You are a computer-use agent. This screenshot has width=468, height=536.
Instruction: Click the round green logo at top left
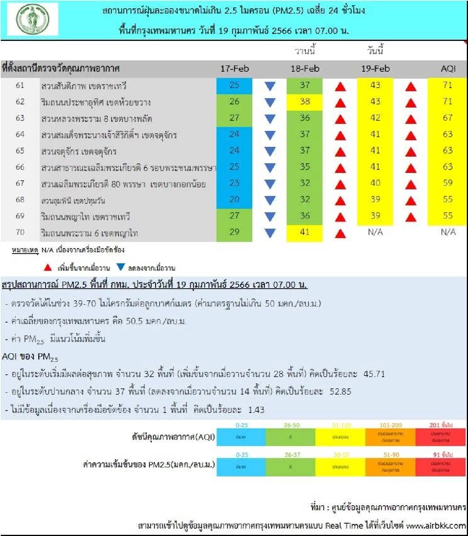[x=33, y=19]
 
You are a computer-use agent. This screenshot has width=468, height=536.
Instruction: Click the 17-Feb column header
[x=234, y=69]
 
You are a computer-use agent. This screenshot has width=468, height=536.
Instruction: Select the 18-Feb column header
[x=305, y=69]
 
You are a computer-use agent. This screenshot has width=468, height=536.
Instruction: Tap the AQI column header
[x=448, y=69]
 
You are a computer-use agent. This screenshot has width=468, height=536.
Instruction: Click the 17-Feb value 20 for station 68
[x=234, y=199]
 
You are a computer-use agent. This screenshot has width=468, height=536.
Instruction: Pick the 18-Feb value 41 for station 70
[x=305, y=232]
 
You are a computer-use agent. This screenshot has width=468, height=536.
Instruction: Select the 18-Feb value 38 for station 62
[x=305, y=102]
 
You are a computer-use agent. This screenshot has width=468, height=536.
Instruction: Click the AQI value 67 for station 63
[x=447, y=118]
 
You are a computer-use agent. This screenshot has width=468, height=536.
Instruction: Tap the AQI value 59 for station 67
[x=447, y=183]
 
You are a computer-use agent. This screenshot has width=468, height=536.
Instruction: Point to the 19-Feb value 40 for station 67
[x=375, y=183]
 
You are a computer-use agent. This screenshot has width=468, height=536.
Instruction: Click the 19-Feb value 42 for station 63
[x=375, y=118]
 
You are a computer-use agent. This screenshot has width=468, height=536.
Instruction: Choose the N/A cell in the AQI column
[x=448, y=232]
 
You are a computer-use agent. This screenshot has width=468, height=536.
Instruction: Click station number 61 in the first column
[x=20, y=85]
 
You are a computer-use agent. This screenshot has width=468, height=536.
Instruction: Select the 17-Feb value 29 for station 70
[x=234, y=232]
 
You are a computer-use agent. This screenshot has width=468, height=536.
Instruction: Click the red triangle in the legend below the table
[x=48, y=268]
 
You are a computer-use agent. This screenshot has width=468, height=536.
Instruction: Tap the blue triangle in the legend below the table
[x=121, y=267]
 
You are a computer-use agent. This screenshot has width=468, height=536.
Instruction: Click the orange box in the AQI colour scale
[x=390, y=437]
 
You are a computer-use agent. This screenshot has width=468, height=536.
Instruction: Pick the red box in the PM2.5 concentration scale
[x=440, y=467]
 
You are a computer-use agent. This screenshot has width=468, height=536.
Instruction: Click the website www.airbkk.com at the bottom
[x=436, y=525]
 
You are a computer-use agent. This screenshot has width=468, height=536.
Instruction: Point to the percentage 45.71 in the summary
[x=374, y=374]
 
